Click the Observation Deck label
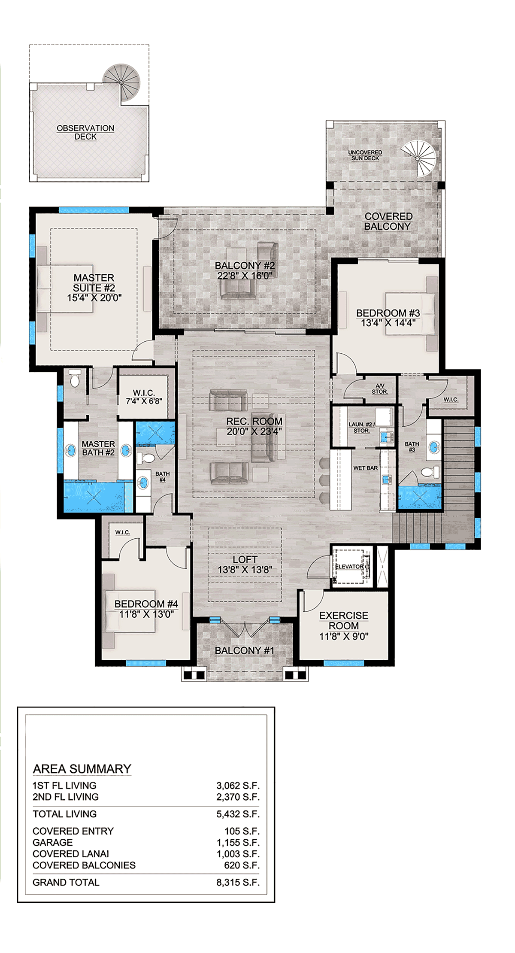[x=85, y=132]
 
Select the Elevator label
[x=349, y=567]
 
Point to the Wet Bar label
[x=365, y=468]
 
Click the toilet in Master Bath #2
[x=75, y=379]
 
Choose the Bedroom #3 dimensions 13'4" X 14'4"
[x=388, y=323]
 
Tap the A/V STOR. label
[x=379, y=389]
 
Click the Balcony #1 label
[x=244, y=651]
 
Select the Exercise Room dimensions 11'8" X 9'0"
[x=344, y=637]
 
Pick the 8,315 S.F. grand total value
[x=238, y=882]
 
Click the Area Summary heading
[x=82, y=769]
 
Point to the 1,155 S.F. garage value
[x=238, y=842]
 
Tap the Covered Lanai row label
[x=71, y=854]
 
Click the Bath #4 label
[x=162, y=476]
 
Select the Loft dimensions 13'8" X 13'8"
[x=245, y=570]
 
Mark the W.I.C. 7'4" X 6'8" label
[x=144, y=397]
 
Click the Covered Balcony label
[x=388, y=222]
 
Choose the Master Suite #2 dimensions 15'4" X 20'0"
[x=94, y=297]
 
